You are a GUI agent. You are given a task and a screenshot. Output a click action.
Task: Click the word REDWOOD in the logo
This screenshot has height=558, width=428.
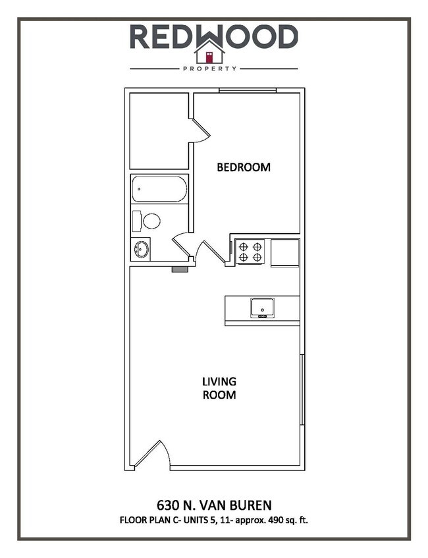tap(213, 36)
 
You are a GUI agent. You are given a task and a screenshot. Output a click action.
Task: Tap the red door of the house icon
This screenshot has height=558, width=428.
tap(209, 56)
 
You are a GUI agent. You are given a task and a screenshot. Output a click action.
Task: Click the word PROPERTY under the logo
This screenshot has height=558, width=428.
tap(213, 69)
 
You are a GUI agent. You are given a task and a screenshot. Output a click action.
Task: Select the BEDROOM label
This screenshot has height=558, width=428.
tap(244, 167)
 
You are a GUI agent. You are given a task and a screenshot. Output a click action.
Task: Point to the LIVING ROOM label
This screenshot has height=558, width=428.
tap(219, 389)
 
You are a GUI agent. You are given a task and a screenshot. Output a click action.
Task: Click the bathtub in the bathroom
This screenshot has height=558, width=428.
tap(159, 189)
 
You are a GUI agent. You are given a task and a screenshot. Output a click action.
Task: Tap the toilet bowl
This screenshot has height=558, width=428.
tap(151, 221)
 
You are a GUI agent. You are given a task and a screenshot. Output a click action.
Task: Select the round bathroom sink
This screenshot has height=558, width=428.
tap(141, 249)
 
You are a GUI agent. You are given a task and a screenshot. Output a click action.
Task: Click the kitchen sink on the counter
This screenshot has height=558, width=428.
tap(262, 307)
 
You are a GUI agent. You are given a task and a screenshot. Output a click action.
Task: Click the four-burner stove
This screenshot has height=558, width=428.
tap(250, 252)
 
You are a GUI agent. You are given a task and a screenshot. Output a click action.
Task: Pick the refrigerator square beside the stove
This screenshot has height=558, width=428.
tap(285, 252)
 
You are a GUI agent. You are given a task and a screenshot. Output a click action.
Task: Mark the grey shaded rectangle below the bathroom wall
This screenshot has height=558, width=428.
tap(179, 268)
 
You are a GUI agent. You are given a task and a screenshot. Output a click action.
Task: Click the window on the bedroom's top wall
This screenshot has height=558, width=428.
tap(247, 90)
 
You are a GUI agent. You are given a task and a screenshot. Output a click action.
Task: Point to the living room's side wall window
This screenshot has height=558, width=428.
tap(302, 389)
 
